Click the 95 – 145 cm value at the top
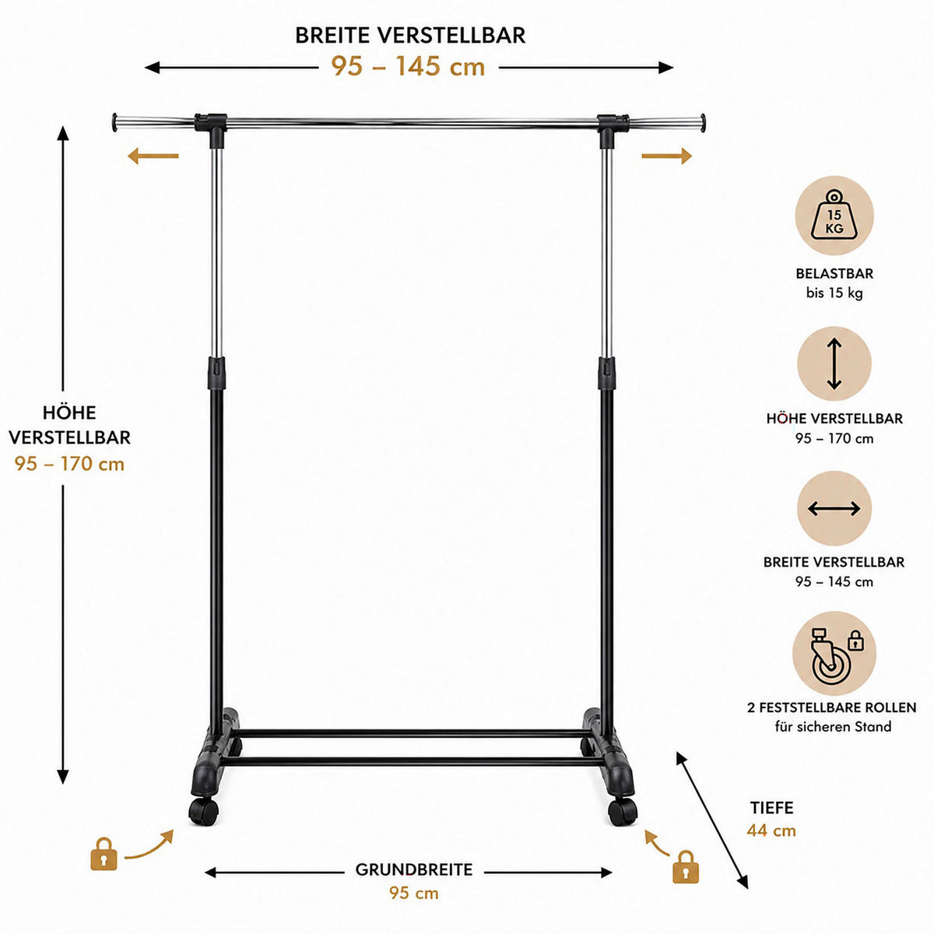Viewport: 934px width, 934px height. [x=408, y=66]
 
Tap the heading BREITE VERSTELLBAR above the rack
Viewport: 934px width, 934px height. [x=410, y=35]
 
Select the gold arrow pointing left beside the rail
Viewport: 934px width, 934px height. [x=153, y=156]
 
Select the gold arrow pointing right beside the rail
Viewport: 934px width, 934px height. [x=666, y=156]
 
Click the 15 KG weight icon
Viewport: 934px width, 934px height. [x=834, y=215]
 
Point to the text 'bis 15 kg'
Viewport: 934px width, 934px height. [x=834, y=293]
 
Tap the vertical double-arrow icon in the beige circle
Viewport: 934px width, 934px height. [x=834, y=363]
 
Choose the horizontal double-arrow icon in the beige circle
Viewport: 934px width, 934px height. [x=834, y=508]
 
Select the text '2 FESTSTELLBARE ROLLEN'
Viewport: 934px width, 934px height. [x=832, y=708]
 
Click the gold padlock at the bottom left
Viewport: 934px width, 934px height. [x=104, y=854]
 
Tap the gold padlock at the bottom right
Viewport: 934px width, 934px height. [x=686, y=866]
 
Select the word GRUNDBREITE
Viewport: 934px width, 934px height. [x=414, y=869]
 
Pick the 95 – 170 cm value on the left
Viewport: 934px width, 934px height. [x=69, y=464]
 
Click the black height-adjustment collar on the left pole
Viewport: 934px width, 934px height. [x=216, y=374]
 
